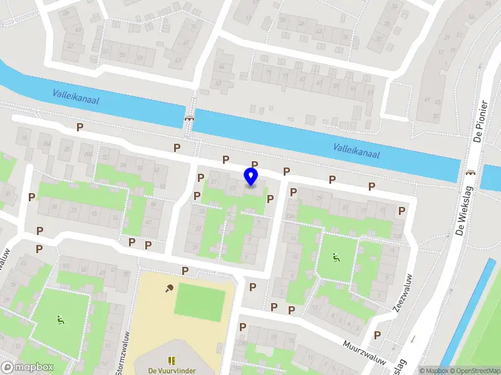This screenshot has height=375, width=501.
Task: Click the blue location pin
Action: (x=251, y=177)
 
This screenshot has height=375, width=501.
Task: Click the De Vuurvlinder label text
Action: (x=172, y=370)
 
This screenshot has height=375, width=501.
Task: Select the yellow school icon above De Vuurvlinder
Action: (x=172, y=360)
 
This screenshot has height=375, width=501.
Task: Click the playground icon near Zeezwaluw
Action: (x=336, y=256)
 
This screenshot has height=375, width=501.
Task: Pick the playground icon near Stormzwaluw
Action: (x=60, y=321)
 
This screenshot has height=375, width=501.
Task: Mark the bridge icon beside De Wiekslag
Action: (x=470, y=172)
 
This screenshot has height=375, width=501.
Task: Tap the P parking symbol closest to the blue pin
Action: (x=255, y=164)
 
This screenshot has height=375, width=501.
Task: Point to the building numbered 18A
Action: (x=47, y=144)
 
